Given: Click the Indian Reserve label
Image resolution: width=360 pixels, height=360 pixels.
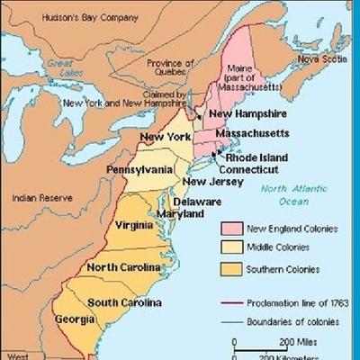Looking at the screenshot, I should click(35, 194).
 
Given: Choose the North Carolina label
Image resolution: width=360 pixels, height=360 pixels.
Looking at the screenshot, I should click(123, 267).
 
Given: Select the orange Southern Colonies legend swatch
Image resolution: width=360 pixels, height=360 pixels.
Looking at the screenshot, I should click(231, 269).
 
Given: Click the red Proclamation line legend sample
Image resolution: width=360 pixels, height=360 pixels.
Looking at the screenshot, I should click(231, 302).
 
